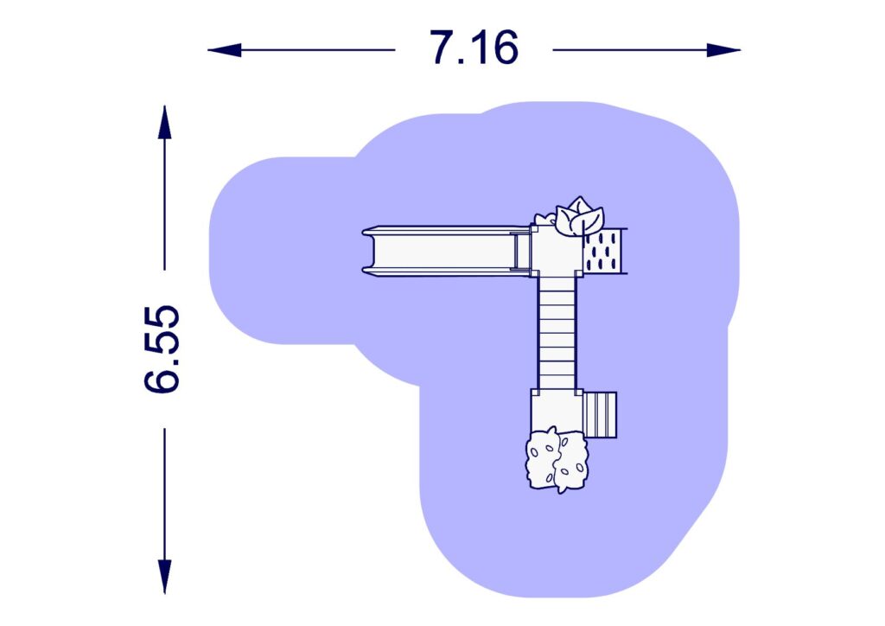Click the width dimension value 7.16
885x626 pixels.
tap(474, 48)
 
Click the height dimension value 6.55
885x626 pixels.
tap(162, 348)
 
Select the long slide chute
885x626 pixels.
tap(441, 251)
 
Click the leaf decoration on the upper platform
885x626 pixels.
tap(578, 216)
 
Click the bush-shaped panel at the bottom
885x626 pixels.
tap(558, 460)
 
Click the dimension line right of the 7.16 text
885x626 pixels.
tap(631, 50)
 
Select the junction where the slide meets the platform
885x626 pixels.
tap(520, 251)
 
